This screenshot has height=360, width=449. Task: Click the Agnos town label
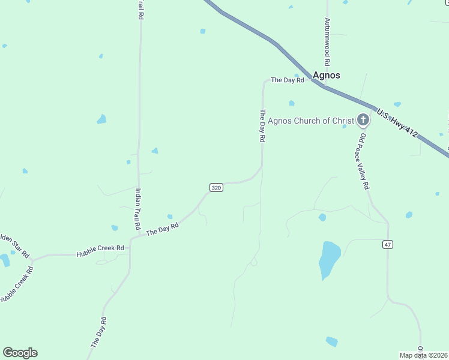coord(327,76)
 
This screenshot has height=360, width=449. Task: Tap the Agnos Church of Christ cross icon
coord(363,120)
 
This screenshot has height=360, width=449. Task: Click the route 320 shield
coord(217,188)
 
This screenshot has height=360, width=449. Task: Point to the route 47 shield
coord(388,244)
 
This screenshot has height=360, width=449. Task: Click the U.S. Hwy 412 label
coord(397,122)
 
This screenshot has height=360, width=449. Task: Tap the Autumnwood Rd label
coord(327,41)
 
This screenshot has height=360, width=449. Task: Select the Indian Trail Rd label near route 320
coord(138,210)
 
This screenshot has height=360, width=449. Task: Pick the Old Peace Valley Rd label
coord(364,161)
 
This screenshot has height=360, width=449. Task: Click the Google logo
coord(20,353)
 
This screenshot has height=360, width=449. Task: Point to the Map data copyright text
coord(423,355)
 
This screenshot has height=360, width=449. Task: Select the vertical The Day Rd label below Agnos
coord(262,125)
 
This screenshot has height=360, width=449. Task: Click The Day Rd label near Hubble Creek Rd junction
coord(163,229)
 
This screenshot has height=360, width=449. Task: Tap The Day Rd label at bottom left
coord(98,332)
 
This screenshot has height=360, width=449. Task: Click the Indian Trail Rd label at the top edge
coord(140,11)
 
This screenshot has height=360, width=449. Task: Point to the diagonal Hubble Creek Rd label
coord(16,284)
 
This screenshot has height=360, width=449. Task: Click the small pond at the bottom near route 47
coord(331,341)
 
